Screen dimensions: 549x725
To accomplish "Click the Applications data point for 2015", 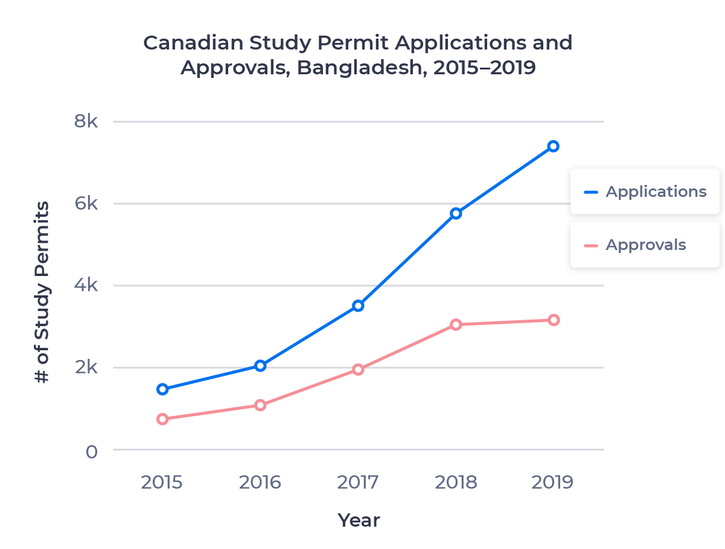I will [x=162, y=389].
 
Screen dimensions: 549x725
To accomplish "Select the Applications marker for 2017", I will [x=358, y=306].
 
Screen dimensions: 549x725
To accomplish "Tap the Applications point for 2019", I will [x=553, y=146].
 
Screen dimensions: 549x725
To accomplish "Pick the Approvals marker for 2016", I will [x=260, y=405].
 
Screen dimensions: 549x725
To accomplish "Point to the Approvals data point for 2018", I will [x=456, y=324].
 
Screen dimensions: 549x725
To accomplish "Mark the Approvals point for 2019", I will [x=553, y=319].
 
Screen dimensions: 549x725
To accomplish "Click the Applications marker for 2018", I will [x=456, y=213].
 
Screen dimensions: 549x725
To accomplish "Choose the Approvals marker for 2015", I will [x=162, y=419].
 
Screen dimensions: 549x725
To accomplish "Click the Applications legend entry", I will [x=644, y=191].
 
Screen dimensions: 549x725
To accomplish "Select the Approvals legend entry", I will [x=644, y=245].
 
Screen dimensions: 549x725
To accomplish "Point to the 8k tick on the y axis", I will [x=86, y=121].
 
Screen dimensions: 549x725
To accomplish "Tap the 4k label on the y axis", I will [x=86, y=285].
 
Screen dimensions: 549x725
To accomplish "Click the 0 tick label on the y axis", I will [x=91, y=451].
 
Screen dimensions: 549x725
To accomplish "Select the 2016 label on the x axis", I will [x=260, y=483].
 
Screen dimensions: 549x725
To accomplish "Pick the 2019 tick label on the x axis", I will [x=553, y=483].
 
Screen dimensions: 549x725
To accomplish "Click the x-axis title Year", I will [x=359, y=520].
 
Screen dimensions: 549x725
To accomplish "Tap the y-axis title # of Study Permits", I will [x=41, y=293].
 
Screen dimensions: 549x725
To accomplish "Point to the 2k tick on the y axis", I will [x=86, y=367].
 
